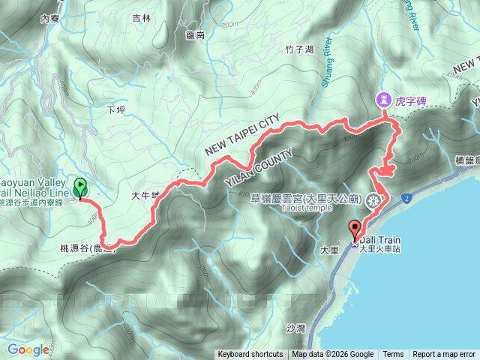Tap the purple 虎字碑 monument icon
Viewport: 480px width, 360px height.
click(383, 98)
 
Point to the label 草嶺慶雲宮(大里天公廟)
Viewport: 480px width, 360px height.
click(307, 200)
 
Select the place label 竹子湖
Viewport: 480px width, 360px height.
click(278, 50)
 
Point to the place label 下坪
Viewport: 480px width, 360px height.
click(115, 109)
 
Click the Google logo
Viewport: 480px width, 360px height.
click(28, 349)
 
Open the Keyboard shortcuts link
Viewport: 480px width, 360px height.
click(250, 355)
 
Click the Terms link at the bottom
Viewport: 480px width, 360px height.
click(393, 355)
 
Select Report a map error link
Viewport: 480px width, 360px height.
click(443, 355)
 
